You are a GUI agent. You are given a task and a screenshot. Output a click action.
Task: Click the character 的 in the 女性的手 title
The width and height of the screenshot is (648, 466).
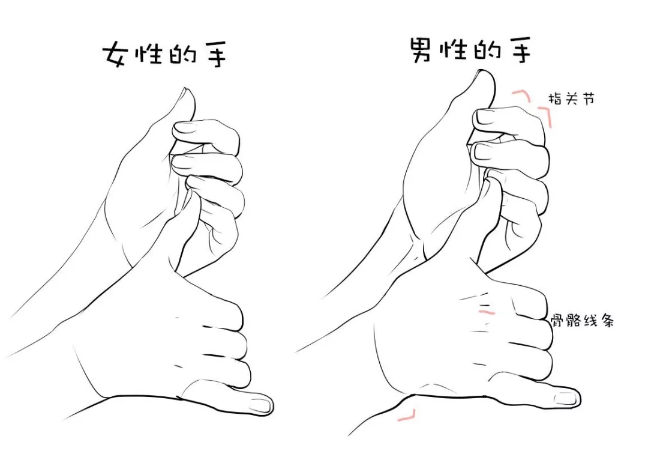point(182,56)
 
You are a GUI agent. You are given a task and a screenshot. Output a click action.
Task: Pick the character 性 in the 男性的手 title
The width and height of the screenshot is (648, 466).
point(455,50)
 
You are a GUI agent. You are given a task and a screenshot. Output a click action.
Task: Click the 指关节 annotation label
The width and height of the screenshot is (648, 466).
point(572,99)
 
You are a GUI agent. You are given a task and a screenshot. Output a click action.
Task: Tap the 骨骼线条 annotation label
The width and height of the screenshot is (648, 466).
point(583,321)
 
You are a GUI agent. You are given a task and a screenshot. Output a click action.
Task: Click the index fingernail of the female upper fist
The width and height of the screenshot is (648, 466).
point(182,129)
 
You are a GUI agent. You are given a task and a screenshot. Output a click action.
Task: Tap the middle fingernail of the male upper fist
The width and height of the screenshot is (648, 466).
point(482,151)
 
